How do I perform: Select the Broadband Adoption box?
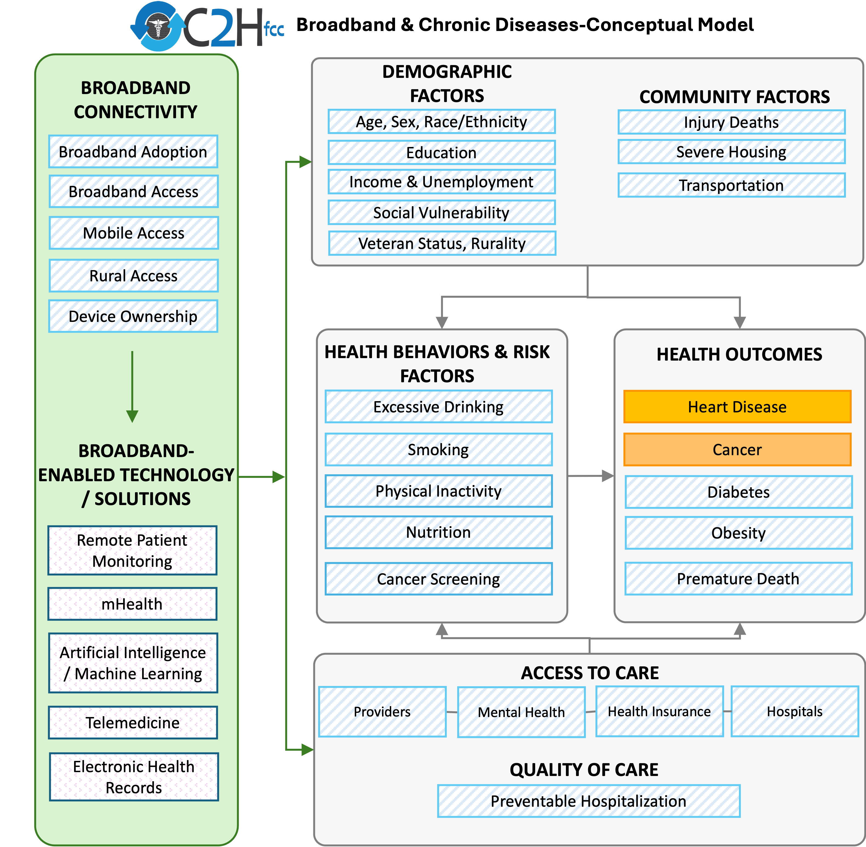point(133,152)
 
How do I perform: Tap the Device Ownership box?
point(133,316)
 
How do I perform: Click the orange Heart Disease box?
point(737,407)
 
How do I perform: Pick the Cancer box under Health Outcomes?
point(737,449)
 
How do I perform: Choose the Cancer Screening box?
point(438,579)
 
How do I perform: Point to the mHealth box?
point(132,604)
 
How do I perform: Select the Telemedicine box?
point(132,723)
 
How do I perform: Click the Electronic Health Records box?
point(134,777)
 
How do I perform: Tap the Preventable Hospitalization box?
point(588,801)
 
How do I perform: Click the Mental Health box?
point(521,712)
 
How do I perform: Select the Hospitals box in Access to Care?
point(794,711)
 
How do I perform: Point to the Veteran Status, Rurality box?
point(442,243)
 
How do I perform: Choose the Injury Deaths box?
point(731,122)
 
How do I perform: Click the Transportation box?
point(731,185)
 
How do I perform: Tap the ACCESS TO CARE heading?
point(590,673)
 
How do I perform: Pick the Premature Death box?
point(738,578)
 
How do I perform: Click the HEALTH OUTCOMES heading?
point(739,354)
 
